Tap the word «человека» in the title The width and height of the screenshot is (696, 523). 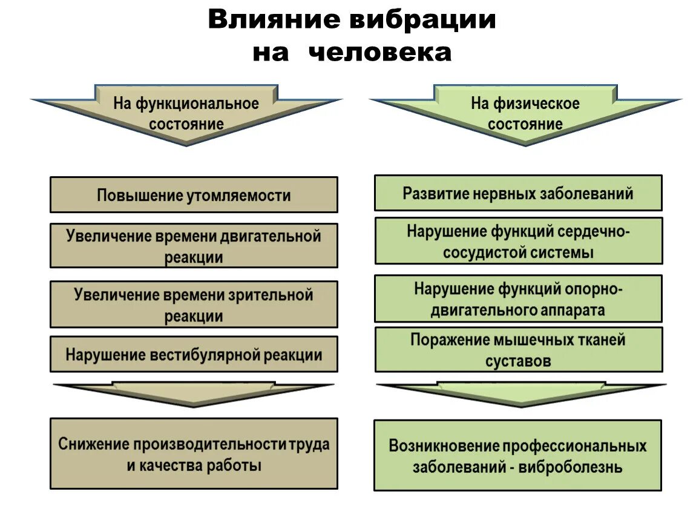pos(380,53)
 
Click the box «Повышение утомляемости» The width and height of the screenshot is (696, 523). pos(194,195)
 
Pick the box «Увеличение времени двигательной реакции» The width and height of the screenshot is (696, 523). pos(194,246)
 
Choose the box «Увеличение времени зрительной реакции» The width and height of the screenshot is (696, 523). pos(194,304)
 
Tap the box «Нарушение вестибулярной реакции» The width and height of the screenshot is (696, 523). pos(194,354)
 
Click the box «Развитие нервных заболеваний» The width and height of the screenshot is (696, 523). pos(518,193)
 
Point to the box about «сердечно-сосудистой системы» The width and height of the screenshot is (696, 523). pos(518,241)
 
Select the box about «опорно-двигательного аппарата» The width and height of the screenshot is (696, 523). pos(518,298)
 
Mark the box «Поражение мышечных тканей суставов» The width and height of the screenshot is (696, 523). pos(518,350)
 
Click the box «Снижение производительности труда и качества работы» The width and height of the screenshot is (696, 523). pos(194,453)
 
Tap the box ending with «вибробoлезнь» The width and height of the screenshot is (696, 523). pos(518,455)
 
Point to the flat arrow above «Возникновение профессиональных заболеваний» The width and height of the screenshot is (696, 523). pos(520,392)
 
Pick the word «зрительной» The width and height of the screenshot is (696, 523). pos(272,295)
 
